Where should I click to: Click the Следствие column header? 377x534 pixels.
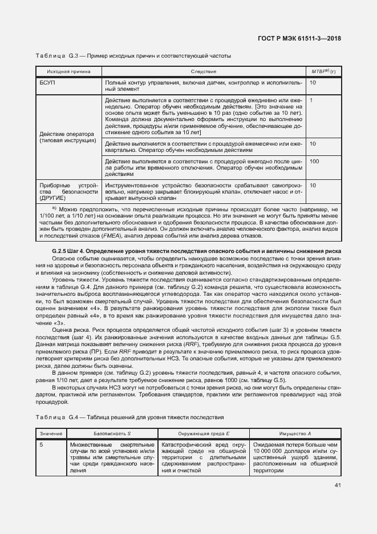(204, 71)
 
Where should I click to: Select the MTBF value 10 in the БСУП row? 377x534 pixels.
(313, 83)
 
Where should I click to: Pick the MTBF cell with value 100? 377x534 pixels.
(314, 162)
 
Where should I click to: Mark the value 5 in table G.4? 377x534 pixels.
(41, 444)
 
